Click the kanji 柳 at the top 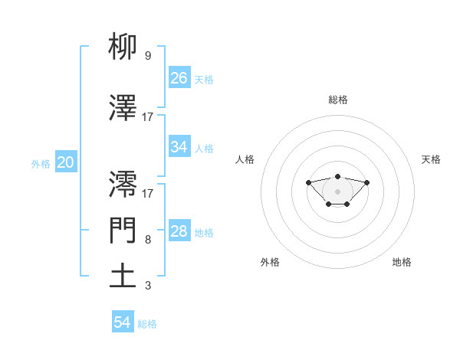123,47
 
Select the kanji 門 123,230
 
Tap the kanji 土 123,275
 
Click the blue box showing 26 179,78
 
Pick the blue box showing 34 179,148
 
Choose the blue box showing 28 179,232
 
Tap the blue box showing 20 65,162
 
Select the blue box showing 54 123,322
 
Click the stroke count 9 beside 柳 147,55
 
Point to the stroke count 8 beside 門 147,239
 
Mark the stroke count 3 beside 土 147,286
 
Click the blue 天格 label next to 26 204,79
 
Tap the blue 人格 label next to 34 204,149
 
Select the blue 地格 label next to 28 204,233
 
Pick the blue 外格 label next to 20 41,163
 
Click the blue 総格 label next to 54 147,324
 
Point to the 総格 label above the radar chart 337,100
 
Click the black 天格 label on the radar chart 431,159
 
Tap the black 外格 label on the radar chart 270,262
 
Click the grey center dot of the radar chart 337,191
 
